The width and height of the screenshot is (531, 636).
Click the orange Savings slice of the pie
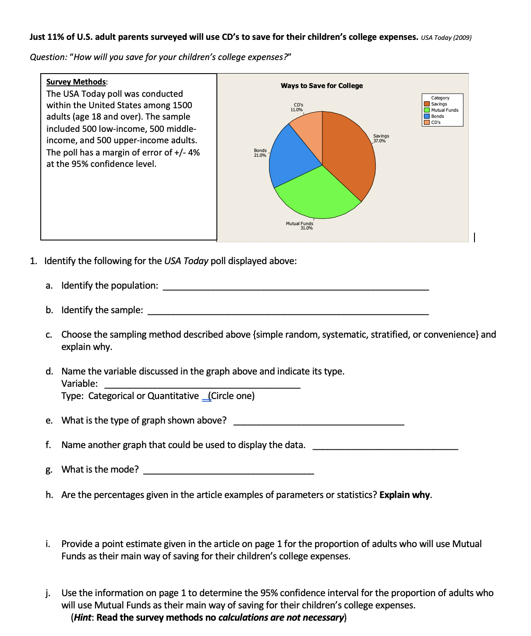(348, 153)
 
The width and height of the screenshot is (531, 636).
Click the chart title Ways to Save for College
(322, 86)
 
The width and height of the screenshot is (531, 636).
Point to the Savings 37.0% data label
(381, 138)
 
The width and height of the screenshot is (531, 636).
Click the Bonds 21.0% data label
(260, 153)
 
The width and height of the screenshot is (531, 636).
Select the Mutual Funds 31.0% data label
(300, 226)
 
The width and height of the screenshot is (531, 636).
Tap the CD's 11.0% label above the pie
(297, 107)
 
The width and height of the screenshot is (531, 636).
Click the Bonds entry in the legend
(437, 116)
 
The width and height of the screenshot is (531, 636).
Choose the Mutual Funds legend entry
(444, 110)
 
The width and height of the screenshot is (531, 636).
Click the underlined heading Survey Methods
(76, 82)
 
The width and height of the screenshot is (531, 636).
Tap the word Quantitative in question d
(173, 396)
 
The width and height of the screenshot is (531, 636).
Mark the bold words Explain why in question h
(405, 495)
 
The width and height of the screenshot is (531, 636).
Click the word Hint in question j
(82, 618)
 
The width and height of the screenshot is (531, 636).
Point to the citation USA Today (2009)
(446, 38)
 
